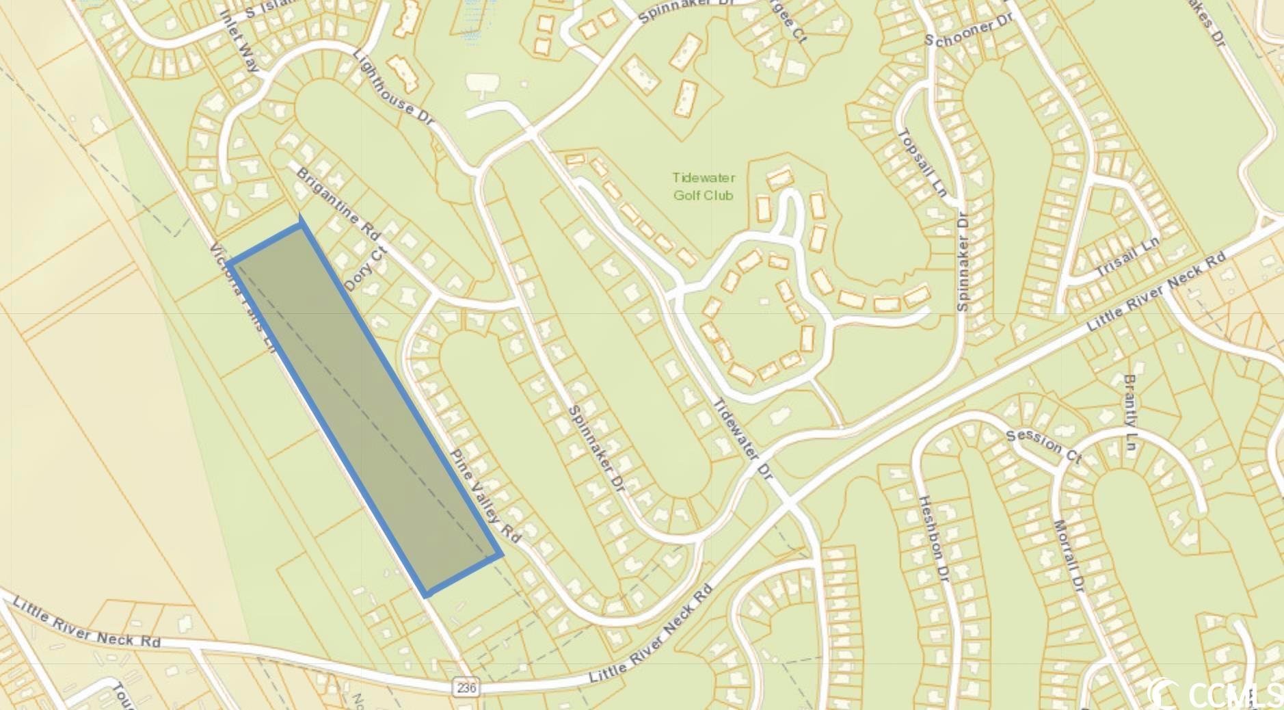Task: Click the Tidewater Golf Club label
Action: [704, 186]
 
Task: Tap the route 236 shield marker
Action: [466, 687]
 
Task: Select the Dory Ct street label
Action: [366, 269]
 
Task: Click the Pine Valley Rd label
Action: [485, 497]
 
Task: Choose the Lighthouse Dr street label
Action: [394, 87]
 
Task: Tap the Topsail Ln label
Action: [921, 163]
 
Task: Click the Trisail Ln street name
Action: [1128, 257]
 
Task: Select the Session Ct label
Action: [1044, 446]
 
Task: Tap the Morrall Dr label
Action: [1069, 556]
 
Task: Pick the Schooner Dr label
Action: [968, 31]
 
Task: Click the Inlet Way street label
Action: [241, 41]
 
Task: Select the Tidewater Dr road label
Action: [743, 438]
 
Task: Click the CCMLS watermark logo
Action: [1214, 694]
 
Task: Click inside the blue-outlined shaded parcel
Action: [364, 409]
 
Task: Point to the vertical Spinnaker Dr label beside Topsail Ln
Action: [963, 262]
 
